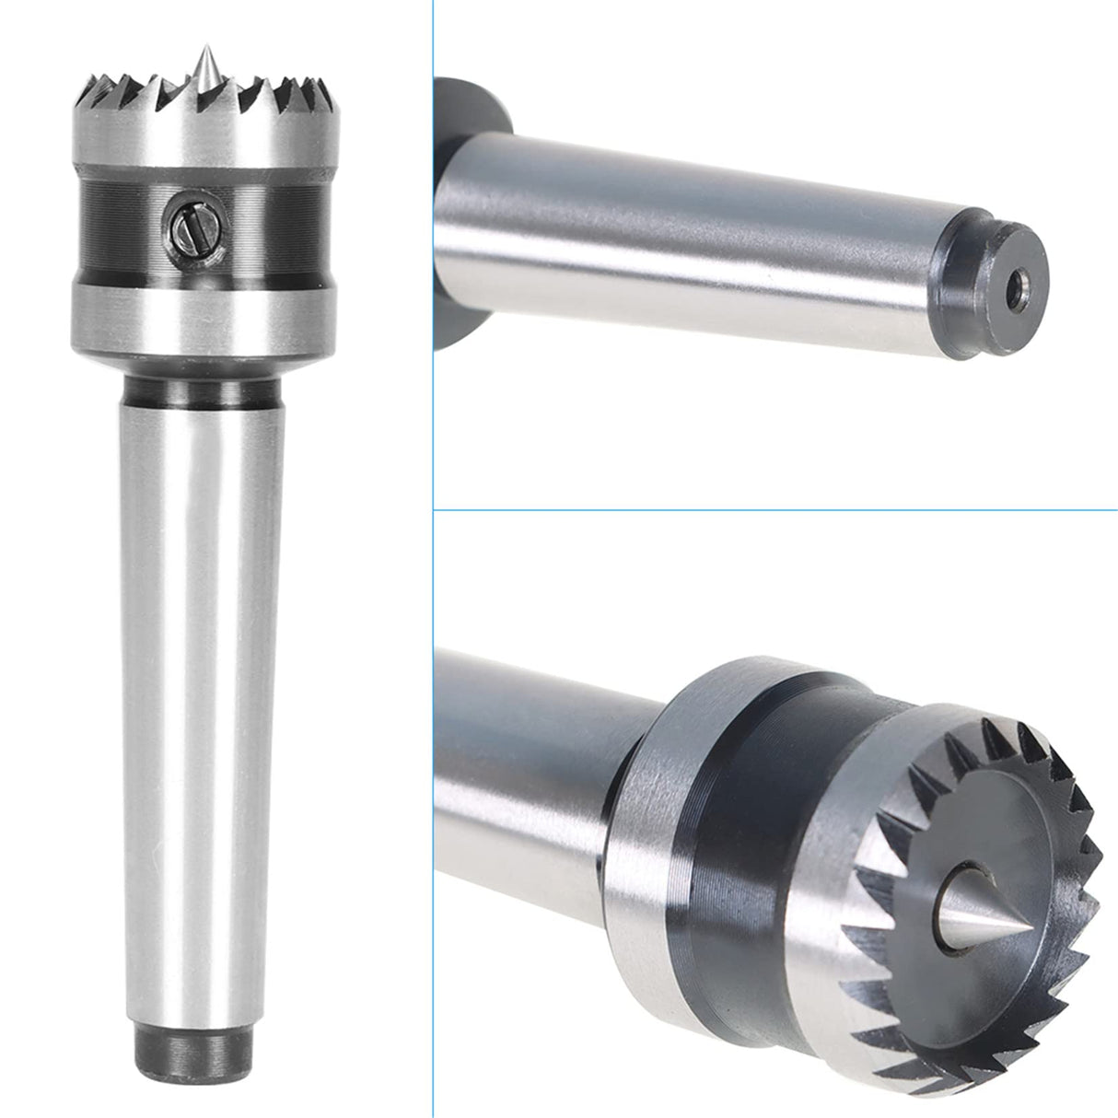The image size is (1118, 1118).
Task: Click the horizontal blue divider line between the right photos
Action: tap(774, 509)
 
